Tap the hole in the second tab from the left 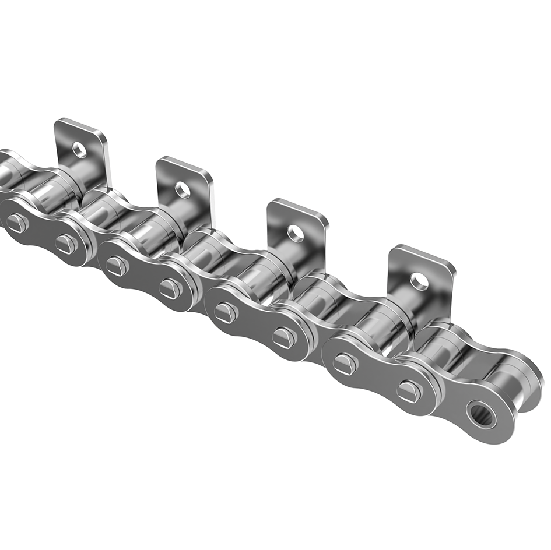[x=183, y=189]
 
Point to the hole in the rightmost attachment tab [x=419, y=281]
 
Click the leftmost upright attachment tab [x=87, y=140]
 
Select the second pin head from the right [x=345, y=364]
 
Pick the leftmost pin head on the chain [x=16, y=222]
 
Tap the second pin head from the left [x=66, y=244]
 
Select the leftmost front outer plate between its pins [x=41, y=233]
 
